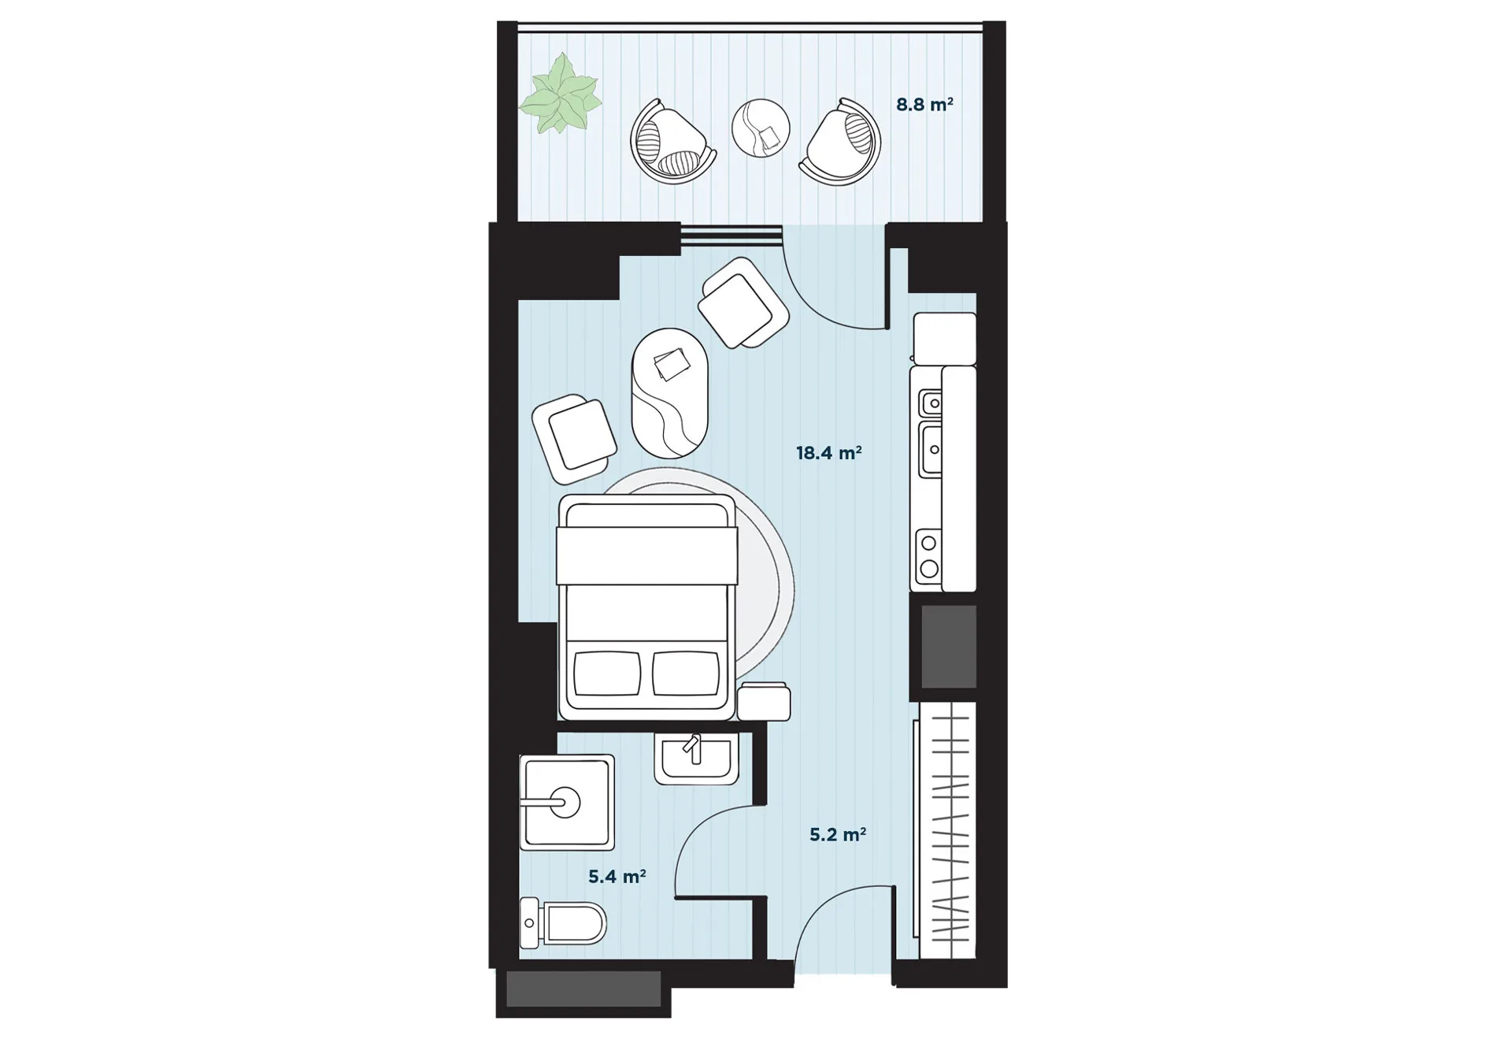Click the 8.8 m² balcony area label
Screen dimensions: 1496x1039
(x=924, y=105)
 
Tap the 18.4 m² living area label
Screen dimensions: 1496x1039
(x=828, y=453)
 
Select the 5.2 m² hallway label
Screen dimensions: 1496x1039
(x=838, y=834)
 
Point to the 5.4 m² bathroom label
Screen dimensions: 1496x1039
(x=617, y=877)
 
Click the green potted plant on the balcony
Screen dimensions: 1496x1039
(x=561, y=93)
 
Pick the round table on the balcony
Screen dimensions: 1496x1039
(x=761, y=128)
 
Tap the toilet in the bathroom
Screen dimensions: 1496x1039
(x=563, y=922)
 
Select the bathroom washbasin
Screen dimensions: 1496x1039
(x=696, y=759)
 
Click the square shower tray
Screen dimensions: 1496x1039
(x=567, y=802)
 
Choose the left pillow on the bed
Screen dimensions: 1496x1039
(x=606, y=673)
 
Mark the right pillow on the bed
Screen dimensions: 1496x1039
(x=686, y=673)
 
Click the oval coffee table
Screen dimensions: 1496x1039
(x=670, y=393)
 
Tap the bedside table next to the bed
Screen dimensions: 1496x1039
(x=764, y=701)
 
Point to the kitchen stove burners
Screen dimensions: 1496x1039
(x=929, y=555)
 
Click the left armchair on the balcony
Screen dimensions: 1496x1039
(x=672, y=140)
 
